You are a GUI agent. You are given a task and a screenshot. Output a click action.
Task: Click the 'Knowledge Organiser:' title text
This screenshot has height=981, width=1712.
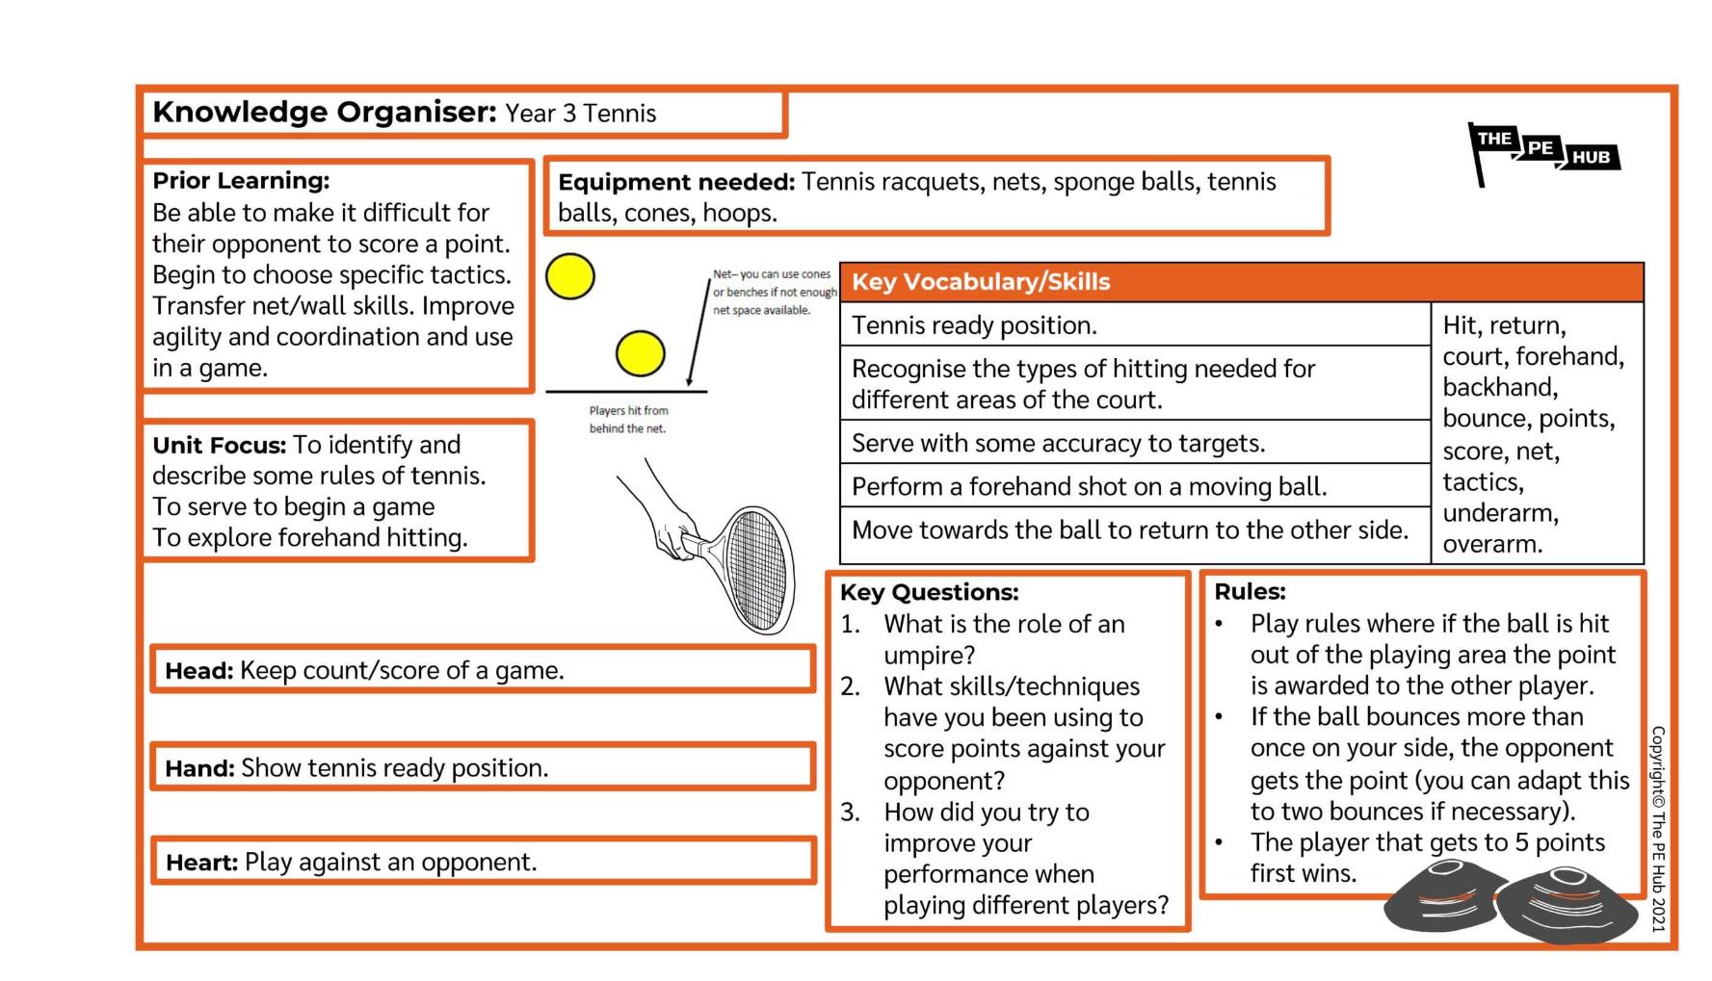pyautogui.click(x=325, y=113)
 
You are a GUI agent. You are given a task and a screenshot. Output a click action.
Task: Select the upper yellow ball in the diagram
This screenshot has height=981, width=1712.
pyautogui.click(x=570, y=276)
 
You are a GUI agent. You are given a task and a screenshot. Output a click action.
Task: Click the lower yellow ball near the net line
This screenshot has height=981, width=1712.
pyautogui.click(x=641, y=353)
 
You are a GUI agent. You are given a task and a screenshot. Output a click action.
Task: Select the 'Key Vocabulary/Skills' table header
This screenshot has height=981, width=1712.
pyautogui.click(x=1241, y=282)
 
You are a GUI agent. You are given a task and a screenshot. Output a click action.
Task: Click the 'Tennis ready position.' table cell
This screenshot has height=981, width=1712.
pyautogui.click(x=1135, y=325)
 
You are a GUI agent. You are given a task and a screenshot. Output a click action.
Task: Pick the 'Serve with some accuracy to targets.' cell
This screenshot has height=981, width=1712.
pyautogui.click(x=1135, y=443)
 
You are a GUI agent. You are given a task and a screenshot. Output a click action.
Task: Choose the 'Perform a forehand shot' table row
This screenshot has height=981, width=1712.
pyautogui.click(x=1135, y=486)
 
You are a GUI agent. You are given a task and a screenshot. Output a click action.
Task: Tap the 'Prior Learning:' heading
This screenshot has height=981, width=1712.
pyautogui.click(x=241, y=181)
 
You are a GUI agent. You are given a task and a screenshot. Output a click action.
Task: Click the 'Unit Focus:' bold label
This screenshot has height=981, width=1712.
pyautogui.click(x=220, y=445)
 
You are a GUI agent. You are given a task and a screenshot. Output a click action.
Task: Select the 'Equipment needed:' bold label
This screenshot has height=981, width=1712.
pyautogui.click(x=676, y=182)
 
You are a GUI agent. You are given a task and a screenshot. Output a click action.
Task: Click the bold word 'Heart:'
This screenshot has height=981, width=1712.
pyautogui.click(x=202, y=862)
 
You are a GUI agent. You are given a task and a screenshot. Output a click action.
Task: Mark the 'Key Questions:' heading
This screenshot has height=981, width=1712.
pyautogui.click(x=930, y=592)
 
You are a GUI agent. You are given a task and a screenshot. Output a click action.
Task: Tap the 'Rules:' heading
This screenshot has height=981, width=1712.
pyautogui.click(x=1251, y=591)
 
